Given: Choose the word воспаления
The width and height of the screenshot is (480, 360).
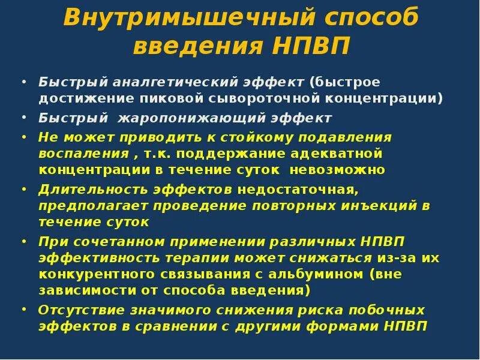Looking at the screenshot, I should [79, 153].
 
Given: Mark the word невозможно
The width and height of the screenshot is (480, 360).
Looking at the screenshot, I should [337, 169].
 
